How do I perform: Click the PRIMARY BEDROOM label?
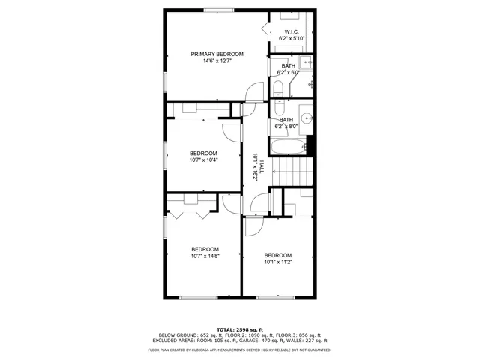(x=217, y=54)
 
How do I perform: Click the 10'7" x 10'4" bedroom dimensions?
(x=203, y=160)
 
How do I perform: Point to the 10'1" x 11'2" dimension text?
(x=277, y=262)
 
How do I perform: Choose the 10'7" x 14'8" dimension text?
(x=205, y=256)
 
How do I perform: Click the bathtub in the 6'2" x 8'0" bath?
(x=289, y=145)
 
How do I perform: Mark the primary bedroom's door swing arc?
(x=255, y=91)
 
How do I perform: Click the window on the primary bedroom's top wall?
(x=217, y=10)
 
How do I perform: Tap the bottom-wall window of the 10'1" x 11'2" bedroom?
(x=274, y=298)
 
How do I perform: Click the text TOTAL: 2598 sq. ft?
(x=240, y=329)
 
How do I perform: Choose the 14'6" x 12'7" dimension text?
(x=217, y=61)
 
